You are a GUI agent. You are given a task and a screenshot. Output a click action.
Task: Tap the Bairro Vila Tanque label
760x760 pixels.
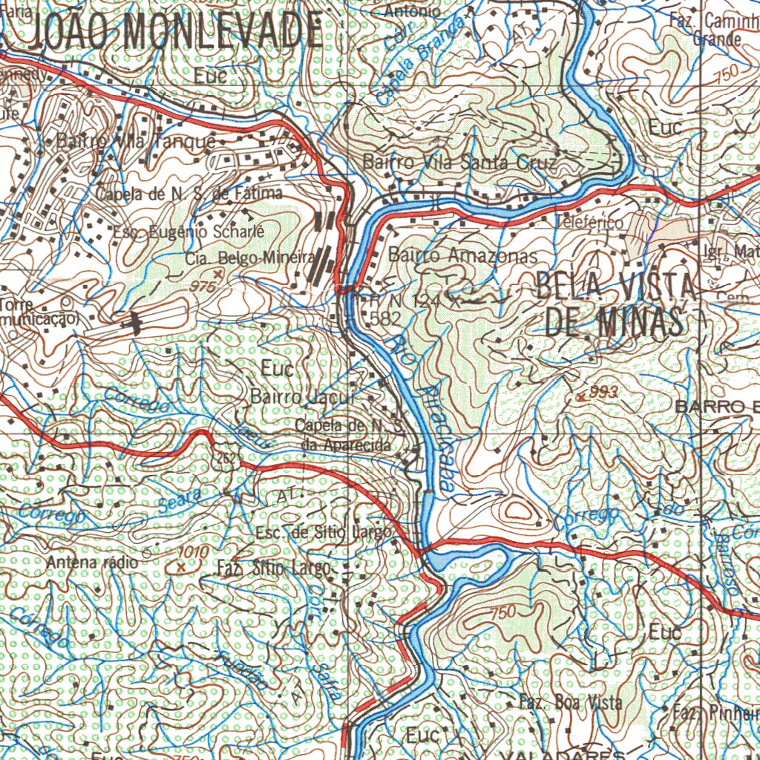click(136, 141)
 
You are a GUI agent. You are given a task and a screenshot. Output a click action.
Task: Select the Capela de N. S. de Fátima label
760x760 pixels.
click(190, 194)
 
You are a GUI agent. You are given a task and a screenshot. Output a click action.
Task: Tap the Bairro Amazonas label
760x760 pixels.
click(462, 255)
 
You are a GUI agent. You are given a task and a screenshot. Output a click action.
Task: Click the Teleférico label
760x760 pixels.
click(590, 221)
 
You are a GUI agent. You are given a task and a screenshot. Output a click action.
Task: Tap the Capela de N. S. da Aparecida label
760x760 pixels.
click(347, 436)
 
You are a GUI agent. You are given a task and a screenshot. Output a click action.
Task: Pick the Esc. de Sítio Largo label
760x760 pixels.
click(322, 533)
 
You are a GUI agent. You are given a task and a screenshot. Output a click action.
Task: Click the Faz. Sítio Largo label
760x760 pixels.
click(273, 569)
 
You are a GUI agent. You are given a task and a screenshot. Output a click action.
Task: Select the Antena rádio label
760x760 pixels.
click(92, 563)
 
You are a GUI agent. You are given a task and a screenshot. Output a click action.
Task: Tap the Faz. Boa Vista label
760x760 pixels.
click(570, 701)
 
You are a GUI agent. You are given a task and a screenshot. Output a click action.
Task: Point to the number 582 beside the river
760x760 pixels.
click(384, 318)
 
